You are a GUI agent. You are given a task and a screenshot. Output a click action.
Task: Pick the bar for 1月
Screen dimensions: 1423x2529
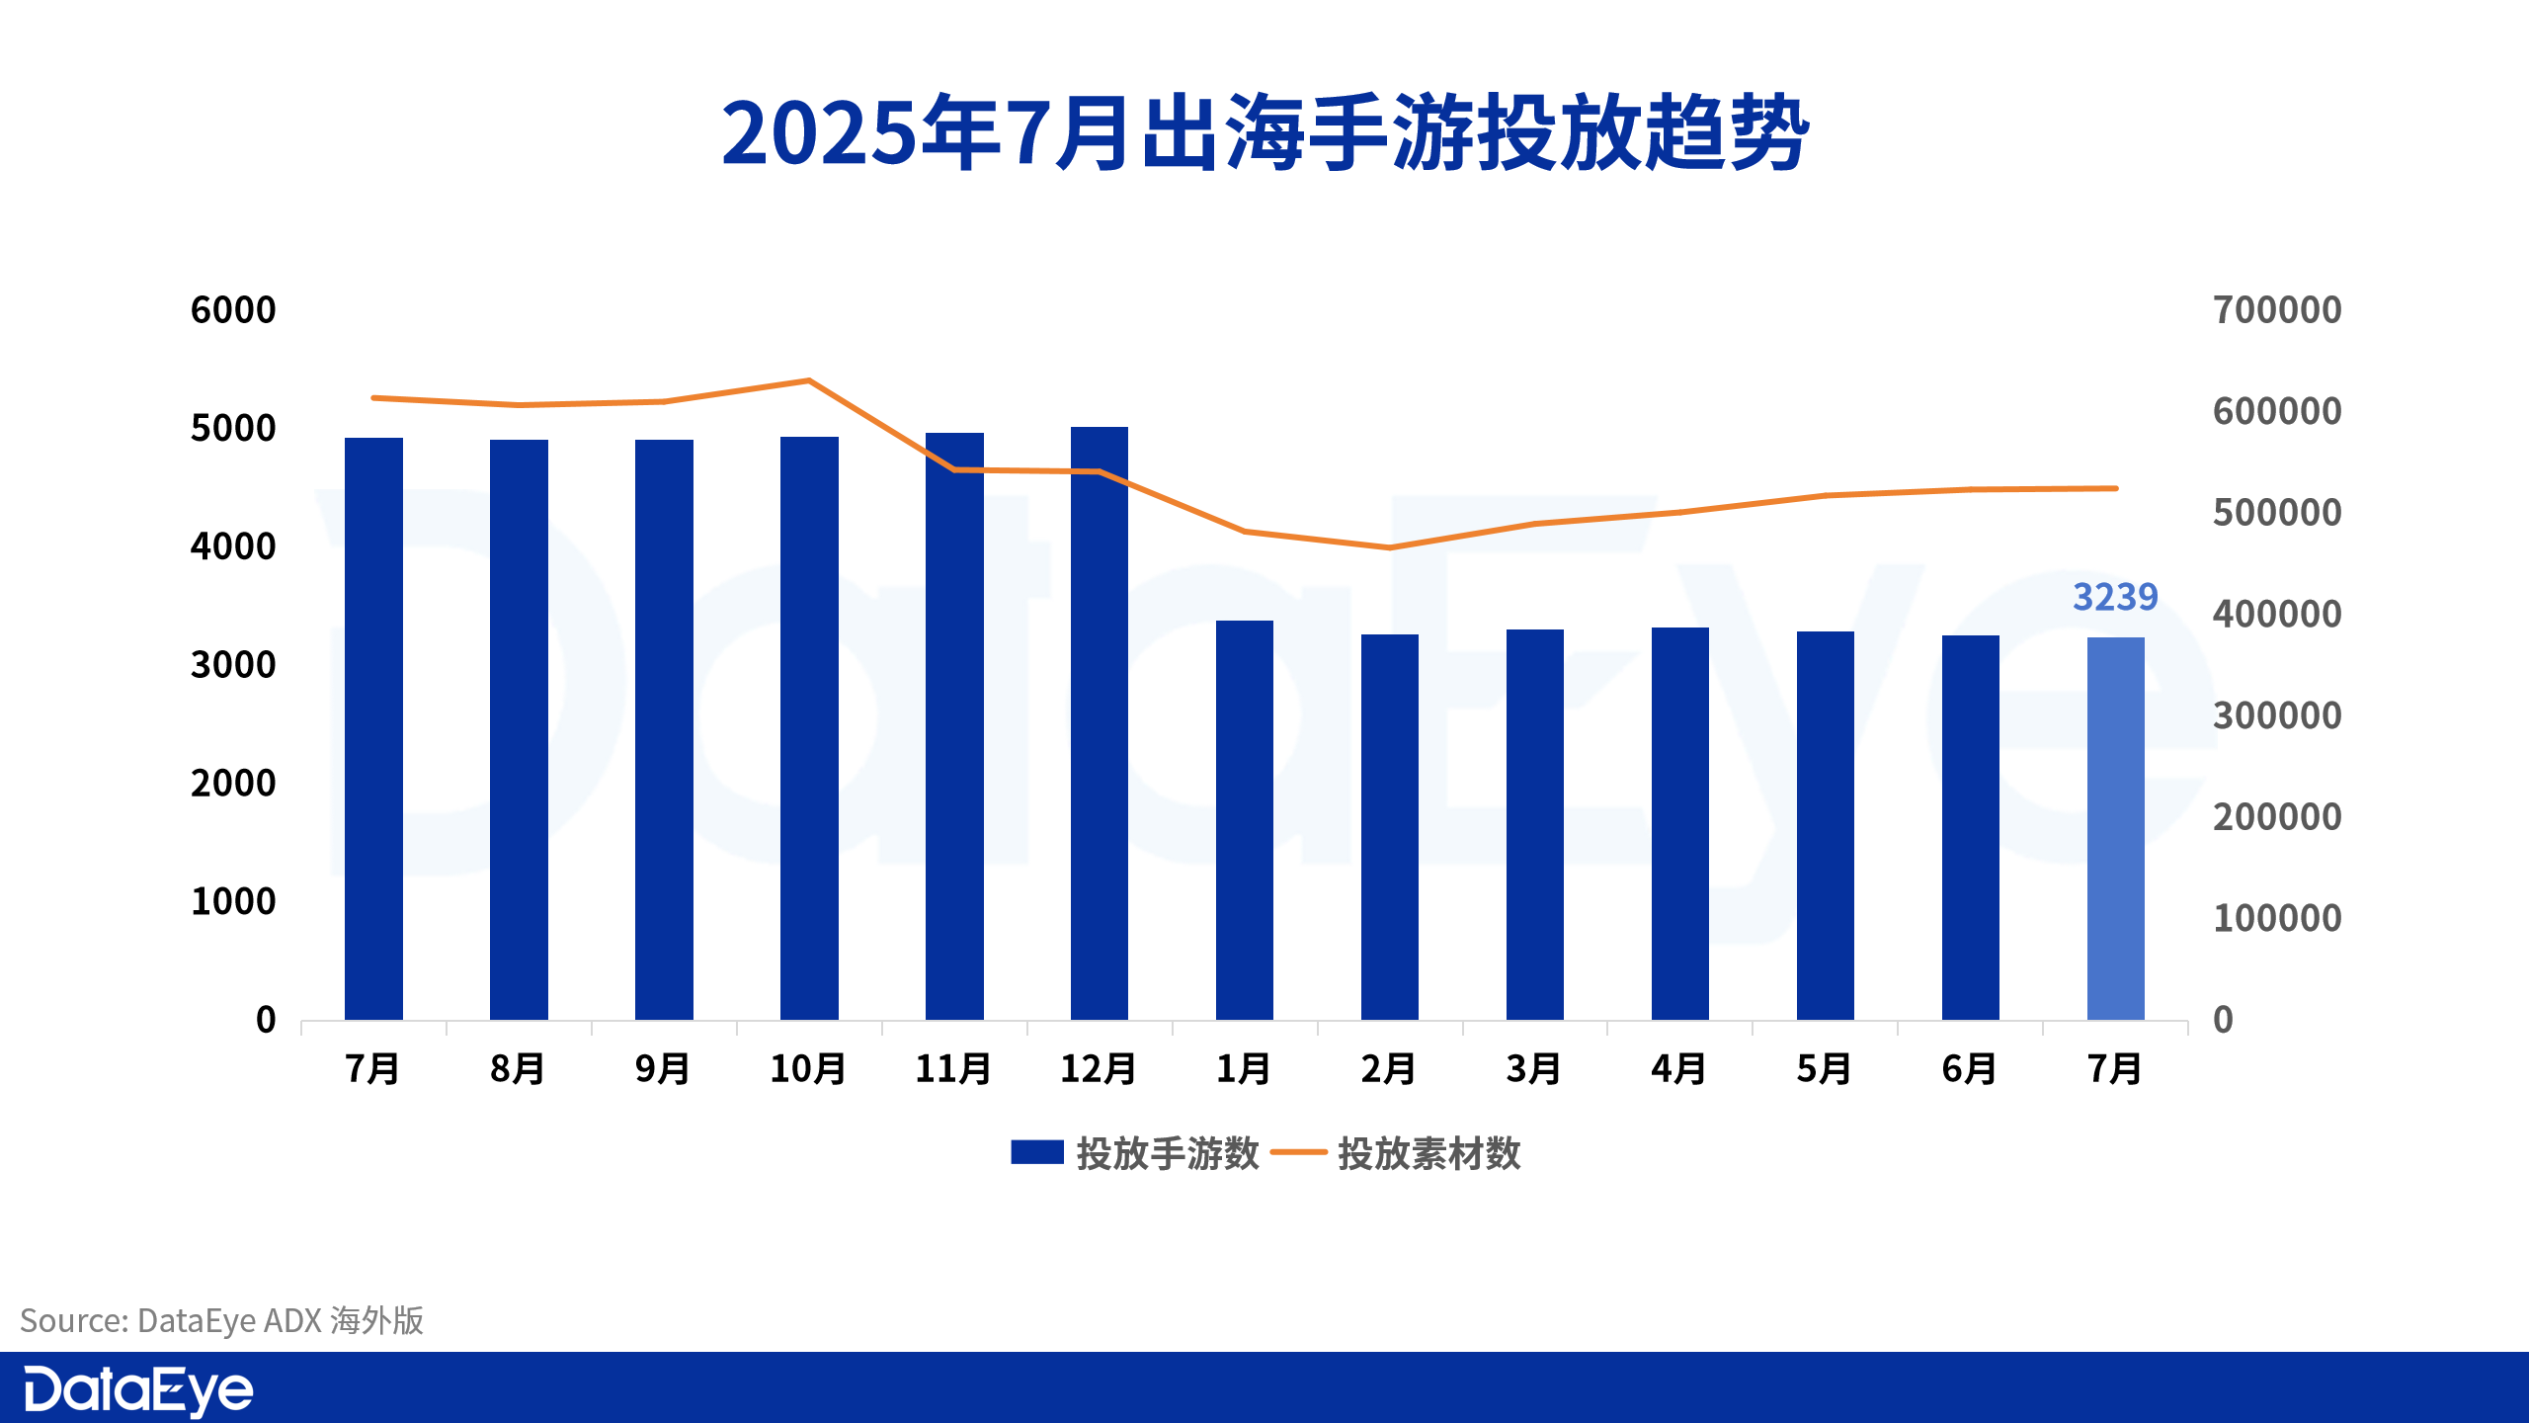click(1245, 820)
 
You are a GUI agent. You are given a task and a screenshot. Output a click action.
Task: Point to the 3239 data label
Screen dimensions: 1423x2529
click(2115, 597)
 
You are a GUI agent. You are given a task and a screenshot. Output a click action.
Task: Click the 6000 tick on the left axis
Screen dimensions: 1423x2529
click(233, 310)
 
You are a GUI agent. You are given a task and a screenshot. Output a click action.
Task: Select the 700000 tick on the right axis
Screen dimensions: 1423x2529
click(2277, 310)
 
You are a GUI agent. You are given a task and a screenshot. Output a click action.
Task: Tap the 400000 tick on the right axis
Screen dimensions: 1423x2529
click(2277, 615)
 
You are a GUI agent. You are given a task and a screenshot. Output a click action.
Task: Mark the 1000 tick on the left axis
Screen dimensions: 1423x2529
click(233, 901)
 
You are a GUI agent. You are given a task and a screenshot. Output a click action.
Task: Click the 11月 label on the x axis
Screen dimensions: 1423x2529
click(953, 1069)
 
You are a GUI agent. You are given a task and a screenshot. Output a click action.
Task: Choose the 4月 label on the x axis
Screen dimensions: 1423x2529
click(1679, 1069)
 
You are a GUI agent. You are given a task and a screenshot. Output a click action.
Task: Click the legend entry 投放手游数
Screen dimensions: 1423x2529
click(1136, 1153)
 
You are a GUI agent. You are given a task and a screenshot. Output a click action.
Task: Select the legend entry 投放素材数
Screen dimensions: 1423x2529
click(1397, 1153)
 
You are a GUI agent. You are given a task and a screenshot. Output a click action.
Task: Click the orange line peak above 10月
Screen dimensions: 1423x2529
click(809, 380)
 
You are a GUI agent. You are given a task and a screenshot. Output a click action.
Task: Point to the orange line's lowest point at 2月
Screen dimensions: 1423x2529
click(1390, 547)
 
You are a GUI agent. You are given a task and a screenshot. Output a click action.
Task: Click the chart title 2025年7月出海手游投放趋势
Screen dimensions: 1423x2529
click(1264, 133)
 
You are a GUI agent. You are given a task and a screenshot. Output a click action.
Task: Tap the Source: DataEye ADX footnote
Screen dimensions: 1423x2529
click(222, 1321)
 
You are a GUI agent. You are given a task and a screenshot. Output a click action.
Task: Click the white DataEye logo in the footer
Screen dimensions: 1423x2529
click(138, 1390)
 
